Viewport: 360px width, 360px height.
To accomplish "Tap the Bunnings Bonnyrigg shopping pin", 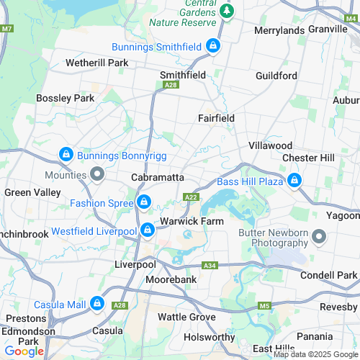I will (66, 154).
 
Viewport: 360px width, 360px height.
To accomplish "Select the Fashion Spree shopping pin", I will (144, 202).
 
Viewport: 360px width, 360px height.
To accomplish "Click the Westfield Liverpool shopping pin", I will (147, 230).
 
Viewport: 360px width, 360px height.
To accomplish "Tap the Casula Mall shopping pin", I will (96, 305).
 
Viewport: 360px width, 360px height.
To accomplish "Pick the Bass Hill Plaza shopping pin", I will (294, 181).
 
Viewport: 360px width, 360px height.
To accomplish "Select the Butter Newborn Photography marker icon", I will (320, 236).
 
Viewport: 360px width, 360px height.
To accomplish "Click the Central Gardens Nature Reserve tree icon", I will (228, 11).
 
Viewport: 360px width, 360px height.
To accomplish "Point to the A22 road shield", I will (191, 197).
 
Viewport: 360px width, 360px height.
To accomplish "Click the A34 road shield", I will (210, 265).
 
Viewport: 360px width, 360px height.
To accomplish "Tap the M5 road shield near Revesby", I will (264, 305).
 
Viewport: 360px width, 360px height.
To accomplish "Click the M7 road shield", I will (7, 28).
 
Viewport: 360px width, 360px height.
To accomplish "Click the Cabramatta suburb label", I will (158, 177).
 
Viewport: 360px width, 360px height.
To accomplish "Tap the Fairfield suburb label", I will (217, 118).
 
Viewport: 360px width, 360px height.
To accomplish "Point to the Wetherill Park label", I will (96, 63).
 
